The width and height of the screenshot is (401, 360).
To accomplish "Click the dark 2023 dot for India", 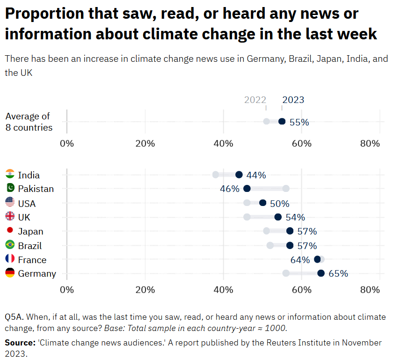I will tap(239, 175).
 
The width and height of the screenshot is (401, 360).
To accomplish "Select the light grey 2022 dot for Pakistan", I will tap(286, 188).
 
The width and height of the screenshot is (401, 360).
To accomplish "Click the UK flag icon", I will tap(10, 217).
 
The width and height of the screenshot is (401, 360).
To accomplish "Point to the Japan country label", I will tap(30, 231).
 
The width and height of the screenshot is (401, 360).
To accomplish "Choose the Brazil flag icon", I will tap(10, 245).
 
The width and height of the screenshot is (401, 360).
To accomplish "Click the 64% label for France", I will tap(300, 260).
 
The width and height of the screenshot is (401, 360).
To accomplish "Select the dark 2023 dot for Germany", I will tap(321, 273).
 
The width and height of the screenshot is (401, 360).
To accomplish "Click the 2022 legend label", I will tap(255, 100).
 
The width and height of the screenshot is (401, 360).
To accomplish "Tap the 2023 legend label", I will tap(293, 100).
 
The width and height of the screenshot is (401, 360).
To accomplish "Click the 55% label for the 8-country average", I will tap(299, 122).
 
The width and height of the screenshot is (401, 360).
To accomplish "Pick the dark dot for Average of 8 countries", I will tap(282, 121).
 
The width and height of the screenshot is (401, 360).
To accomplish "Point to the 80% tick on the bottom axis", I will tap(370, 290).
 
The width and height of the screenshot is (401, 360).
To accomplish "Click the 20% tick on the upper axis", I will tap(145, 143).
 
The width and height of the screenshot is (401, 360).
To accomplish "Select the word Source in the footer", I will tap(19, 343).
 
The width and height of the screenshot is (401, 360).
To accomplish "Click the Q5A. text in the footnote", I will tap(14, 317).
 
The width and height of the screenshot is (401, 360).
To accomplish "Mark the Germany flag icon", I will tap(10, 273).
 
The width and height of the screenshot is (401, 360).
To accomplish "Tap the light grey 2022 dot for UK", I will tap(247, 217).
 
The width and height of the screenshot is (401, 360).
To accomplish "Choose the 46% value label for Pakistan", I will tap(229, 189).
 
